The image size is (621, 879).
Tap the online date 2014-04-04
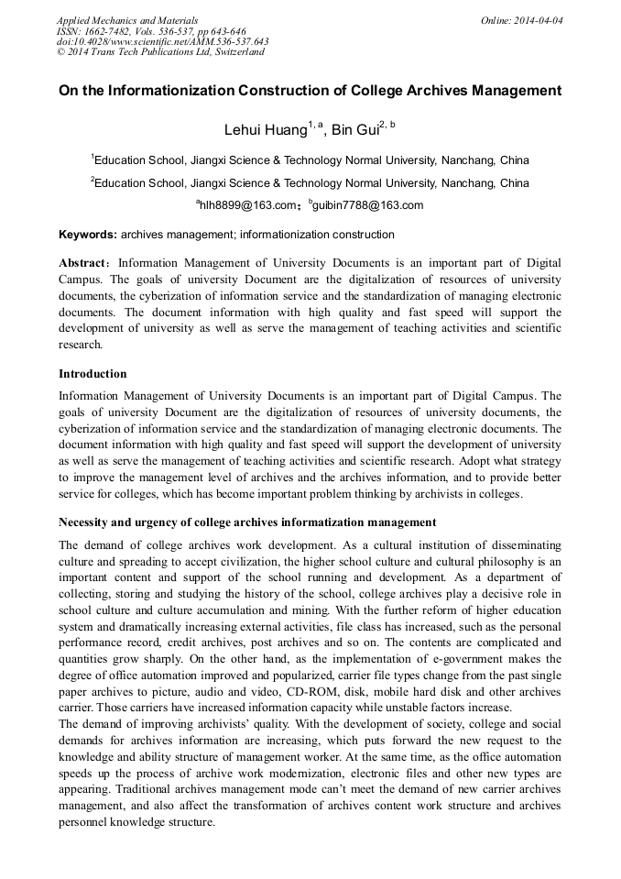532,19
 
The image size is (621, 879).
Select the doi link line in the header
162,41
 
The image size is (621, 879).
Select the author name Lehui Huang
265,130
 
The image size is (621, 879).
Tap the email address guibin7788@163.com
367,204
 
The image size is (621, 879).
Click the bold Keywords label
87,235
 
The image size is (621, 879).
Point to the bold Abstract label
85,263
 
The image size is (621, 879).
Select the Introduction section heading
93,374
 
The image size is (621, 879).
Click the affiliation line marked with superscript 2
310,182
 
